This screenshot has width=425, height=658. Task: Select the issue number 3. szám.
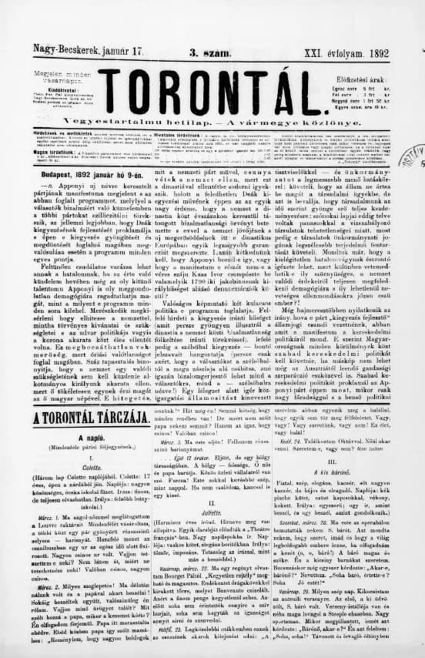(x=206, y=50)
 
